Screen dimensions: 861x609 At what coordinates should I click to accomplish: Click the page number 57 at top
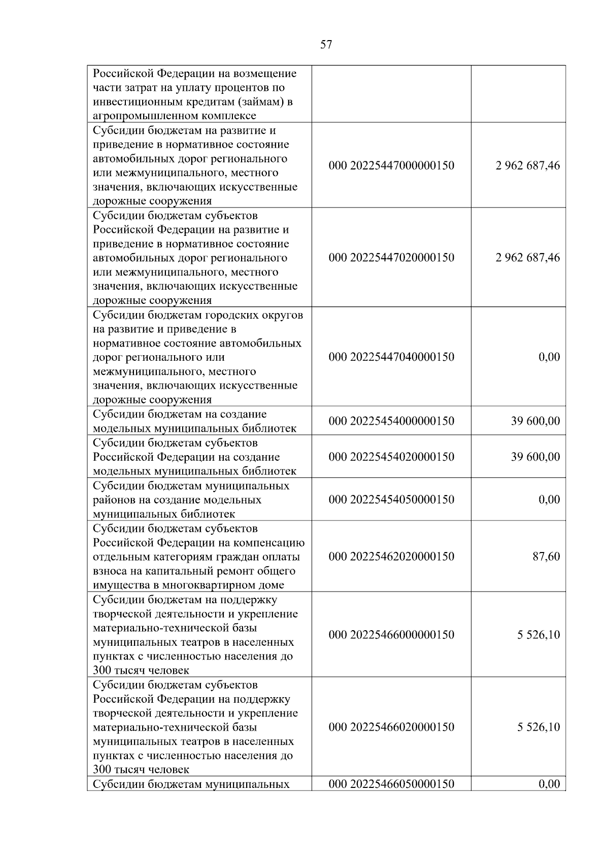click(x=326, y=45)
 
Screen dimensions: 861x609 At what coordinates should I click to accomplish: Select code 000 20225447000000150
click(x=391, y=165)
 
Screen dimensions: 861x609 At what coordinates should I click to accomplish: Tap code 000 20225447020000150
click(x=391, y=257)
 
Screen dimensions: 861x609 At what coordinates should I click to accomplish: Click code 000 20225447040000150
click(x=391, y=357)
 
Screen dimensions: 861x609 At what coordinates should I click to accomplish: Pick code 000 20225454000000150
click(x=391, y=421)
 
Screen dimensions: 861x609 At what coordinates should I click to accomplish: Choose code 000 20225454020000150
click(x=391, y=457)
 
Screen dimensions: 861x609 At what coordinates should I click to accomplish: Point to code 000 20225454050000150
click(x=391, y=499)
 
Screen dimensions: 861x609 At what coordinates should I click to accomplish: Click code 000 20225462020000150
click(x=391, y=557)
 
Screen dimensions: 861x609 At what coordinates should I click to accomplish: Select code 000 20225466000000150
click(x=391, y=635)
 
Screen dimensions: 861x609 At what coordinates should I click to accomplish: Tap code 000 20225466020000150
click(x=391, y=727)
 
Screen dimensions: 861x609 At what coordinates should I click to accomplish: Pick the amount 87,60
click(x=546, y=557)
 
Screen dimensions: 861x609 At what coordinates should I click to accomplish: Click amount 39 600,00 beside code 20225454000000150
click(x=535, y=421)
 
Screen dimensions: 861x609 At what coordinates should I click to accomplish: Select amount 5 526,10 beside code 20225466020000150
click(x=538, y=727)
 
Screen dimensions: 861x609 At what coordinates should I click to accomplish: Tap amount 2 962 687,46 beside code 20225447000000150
click(x=528, y=165)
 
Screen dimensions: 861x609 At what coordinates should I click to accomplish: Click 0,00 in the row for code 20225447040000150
click(x=549, y=357)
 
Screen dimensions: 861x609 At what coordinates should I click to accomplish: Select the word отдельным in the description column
click(x=120, y=557)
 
